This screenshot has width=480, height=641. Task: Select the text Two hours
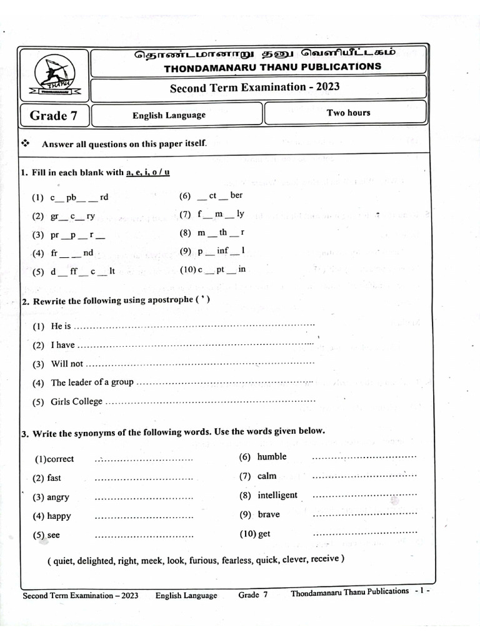pos(348,113)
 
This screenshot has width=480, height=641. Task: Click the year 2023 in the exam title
pos(327,87)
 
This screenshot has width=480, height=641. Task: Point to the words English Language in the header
pos(169,115)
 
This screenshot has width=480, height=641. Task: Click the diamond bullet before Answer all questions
pos(26,143)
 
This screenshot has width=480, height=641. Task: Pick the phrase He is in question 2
pos(61,326)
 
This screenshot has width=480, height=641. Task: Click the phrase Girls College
pos(76,402)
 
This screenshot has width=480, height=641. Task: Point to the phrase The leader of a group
pos(92,382)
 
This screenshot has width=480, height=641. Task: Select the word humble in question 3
pos(272,456)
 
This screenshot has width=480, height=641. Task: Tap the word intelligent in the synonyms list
pos(277,495)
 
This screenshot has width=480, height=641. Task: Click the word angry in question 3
pos(58,498)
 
